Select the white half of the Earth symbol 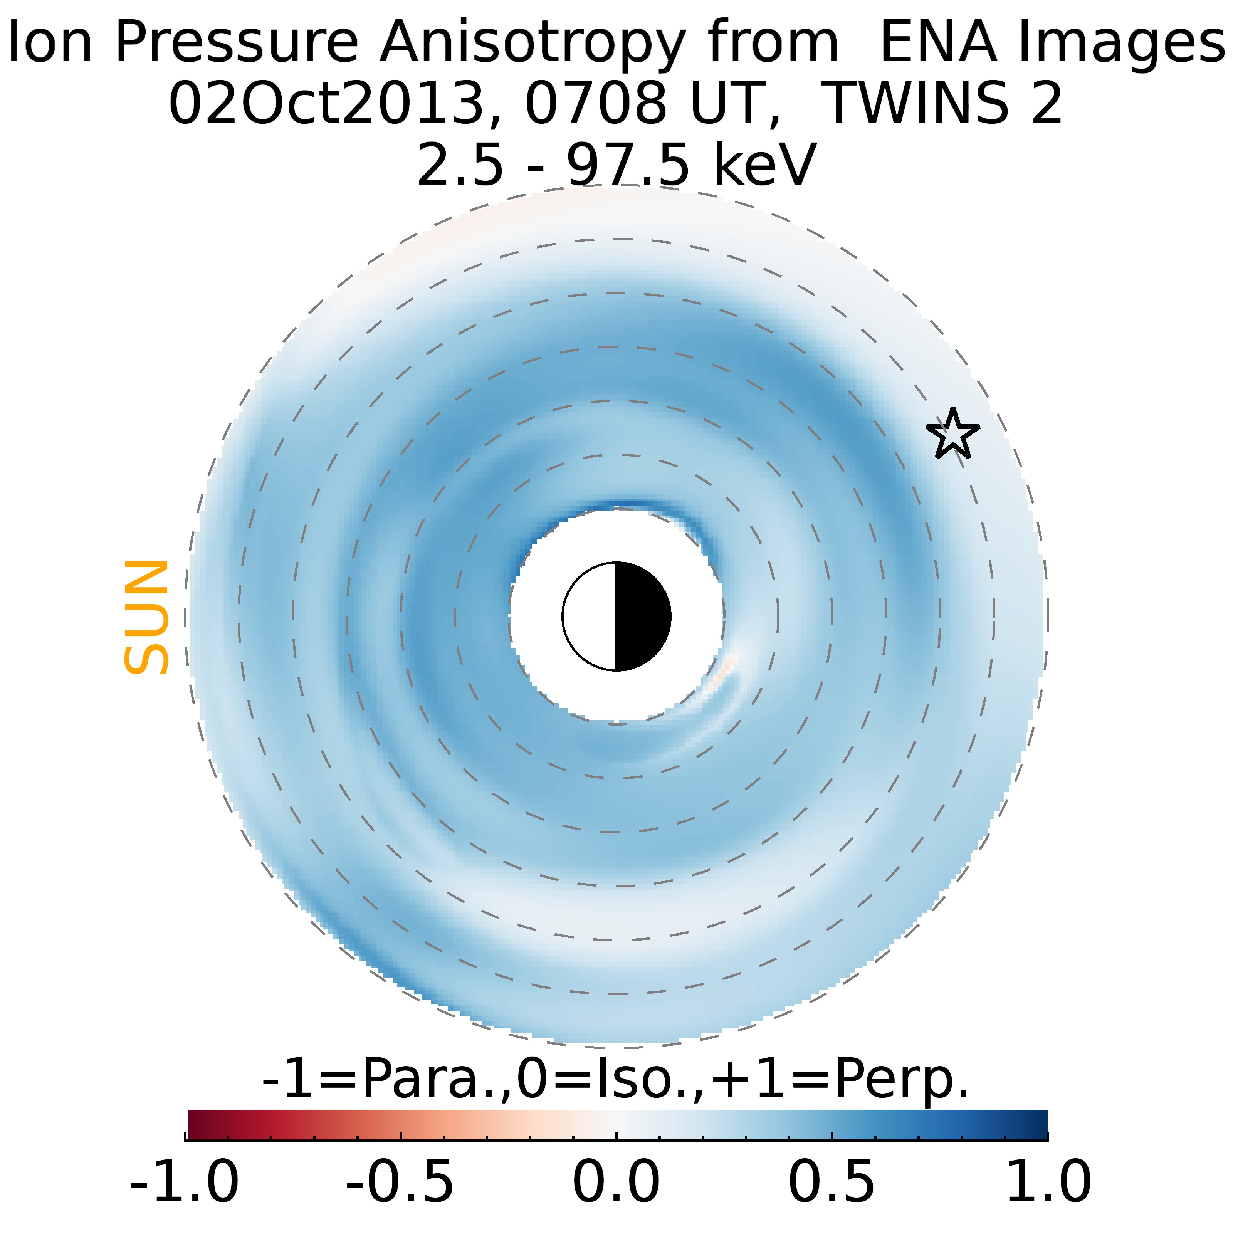point(590,616)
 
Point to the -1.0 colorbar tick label point(185,1182)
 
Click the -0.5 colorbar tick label point(400,1182)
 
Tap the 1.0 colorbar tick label point(1048,1182)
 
